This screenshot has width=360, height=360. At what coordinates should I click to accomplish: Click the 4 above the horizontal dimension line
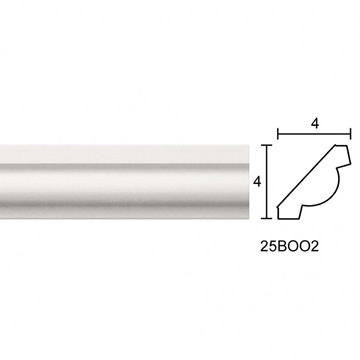[x=315, y=124]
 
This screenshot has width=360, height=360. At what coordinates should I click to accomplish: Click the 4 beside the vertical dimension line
[x=257, y=182]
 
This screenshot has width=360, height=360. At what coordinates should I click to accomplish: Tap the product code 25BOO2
[x=289, y=246]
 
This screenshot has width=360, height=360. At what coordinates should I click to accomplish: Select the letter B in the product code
[x=282, y=246]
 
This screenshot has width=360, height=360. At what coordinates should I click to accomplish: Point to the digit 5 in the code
[x=273, y=246]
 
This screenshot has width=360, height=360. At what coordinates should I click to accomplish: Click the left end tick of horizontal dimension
[x=278, y=135]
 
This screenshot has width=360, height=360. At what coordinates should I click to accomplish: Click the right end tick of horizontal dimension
[x=350, y=135]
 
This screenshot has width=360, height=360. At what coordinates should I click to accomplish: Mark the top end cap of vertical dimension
[x=266, y=145]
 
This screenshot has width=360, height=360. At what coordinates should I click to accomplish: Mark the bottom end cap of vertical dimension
[x=266, y=218]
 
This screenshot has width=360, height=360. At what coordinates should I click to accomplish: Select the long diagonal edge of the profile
[x=307, y=176]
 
